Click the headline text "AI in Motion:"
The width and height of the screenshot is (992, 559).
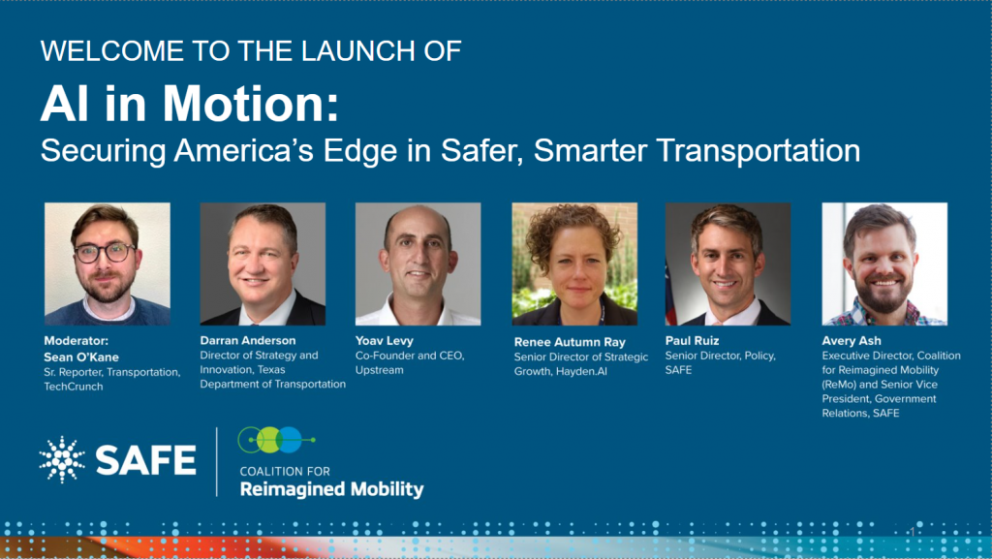click(189, 103)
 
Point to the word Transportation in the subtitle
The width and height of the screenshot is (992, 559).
click(759, 150)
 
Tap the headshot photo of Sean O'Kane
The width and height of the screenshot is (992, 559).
click(107, 264)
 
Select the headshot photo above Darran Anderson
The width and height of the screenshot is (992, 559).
click(263, 264)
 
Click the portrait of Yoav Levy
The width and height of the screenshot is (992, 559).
click(418, 264)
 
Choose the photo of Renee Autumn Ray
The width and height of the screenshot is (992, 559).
click(574, 264)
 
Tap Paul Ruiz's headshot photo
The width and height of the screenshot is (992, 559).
click(728, 264)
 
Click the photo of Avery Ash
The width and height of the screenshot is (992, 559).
click(884, 264)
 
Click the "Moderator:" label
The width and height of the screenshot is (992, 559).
click(76, 341)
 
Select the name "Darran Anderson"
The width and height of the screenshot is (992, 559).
click(248, 340)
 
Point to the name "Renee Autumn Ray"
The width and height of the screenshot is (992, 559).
click(570, 342)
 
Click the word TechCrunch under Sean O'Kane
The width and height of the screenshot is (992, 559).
click(74, 387)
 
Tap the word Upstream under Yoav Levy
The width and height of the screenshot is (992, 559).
click(379, 370)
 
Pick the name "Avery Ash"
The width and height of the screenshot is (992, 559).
click(852, 341)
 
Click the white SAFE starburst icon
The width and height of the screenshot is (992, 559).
click(62, 460)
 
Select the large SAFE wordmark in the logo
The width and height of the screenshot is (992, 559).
click(146, 460)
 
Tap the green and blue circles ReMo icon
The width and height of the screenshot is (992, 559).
click(276, 440)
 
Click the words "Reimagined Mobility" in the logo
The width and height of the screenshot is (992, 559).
click(331, 489)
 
